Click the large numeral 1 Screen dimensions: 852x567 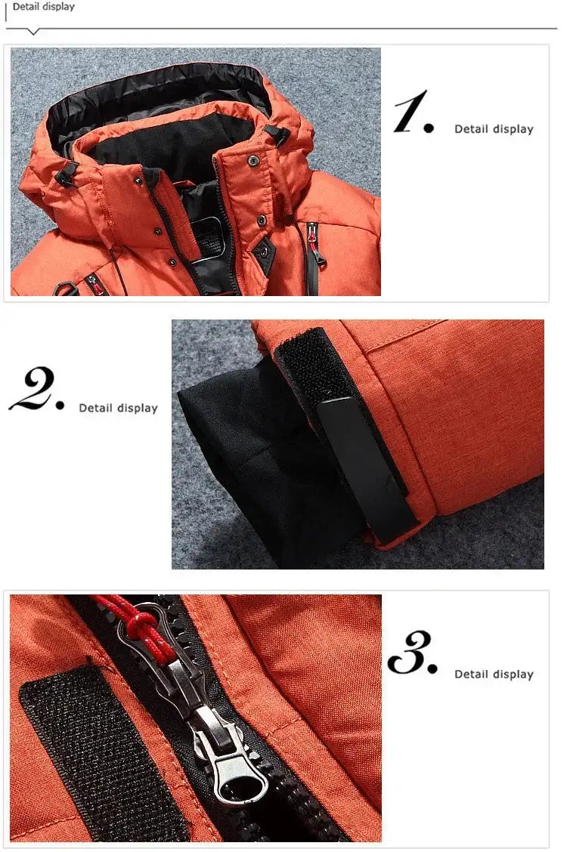413,113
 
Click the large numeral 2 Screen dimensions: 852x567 36,391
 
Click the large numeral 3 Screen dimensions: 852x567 412,653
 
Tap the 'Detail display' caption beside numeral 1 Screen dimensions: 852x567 494,129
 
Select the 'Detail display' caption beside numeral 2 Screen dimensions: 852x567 118,408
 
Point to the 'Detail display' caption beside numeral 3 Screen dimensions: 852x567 494,674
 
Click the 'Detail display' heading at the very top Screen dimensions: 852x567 43,7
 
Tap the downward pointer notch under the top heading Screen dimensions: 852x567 33,32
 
